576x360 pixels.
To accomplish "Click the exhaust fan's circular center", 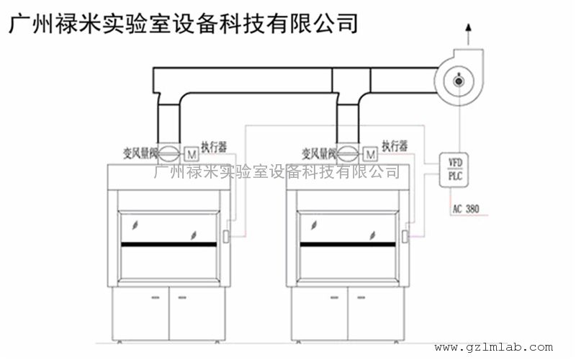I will [x=459, y=81].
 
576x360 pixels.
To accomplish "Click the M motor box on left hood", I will [x=192, y=153].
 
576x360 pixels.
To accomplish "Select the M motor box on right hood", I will [x=370, y=153].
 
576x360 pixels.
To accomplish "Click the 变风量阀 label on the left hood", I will [x=140, y=152].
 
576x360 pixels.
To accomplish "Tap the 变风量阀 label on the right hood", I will [x=319, y=152].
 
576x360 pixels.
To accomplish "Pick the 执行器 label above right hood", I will [x=395, y=146].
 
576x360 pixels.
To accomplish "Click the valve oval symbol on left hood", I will [x=170, y=153].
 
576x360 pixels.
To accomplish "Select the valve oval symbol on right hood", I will [x=348, y=153].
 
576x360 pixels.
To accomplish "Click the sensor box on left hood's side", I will [x=225, y=235].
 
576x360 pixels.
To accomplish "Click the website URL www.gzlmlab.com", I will [x=493, y=347].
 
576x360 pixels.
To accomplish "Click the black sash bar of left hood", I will [x=170, y=246].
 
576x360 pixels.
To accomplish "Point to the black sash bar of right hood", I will [x=348, y=246].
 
